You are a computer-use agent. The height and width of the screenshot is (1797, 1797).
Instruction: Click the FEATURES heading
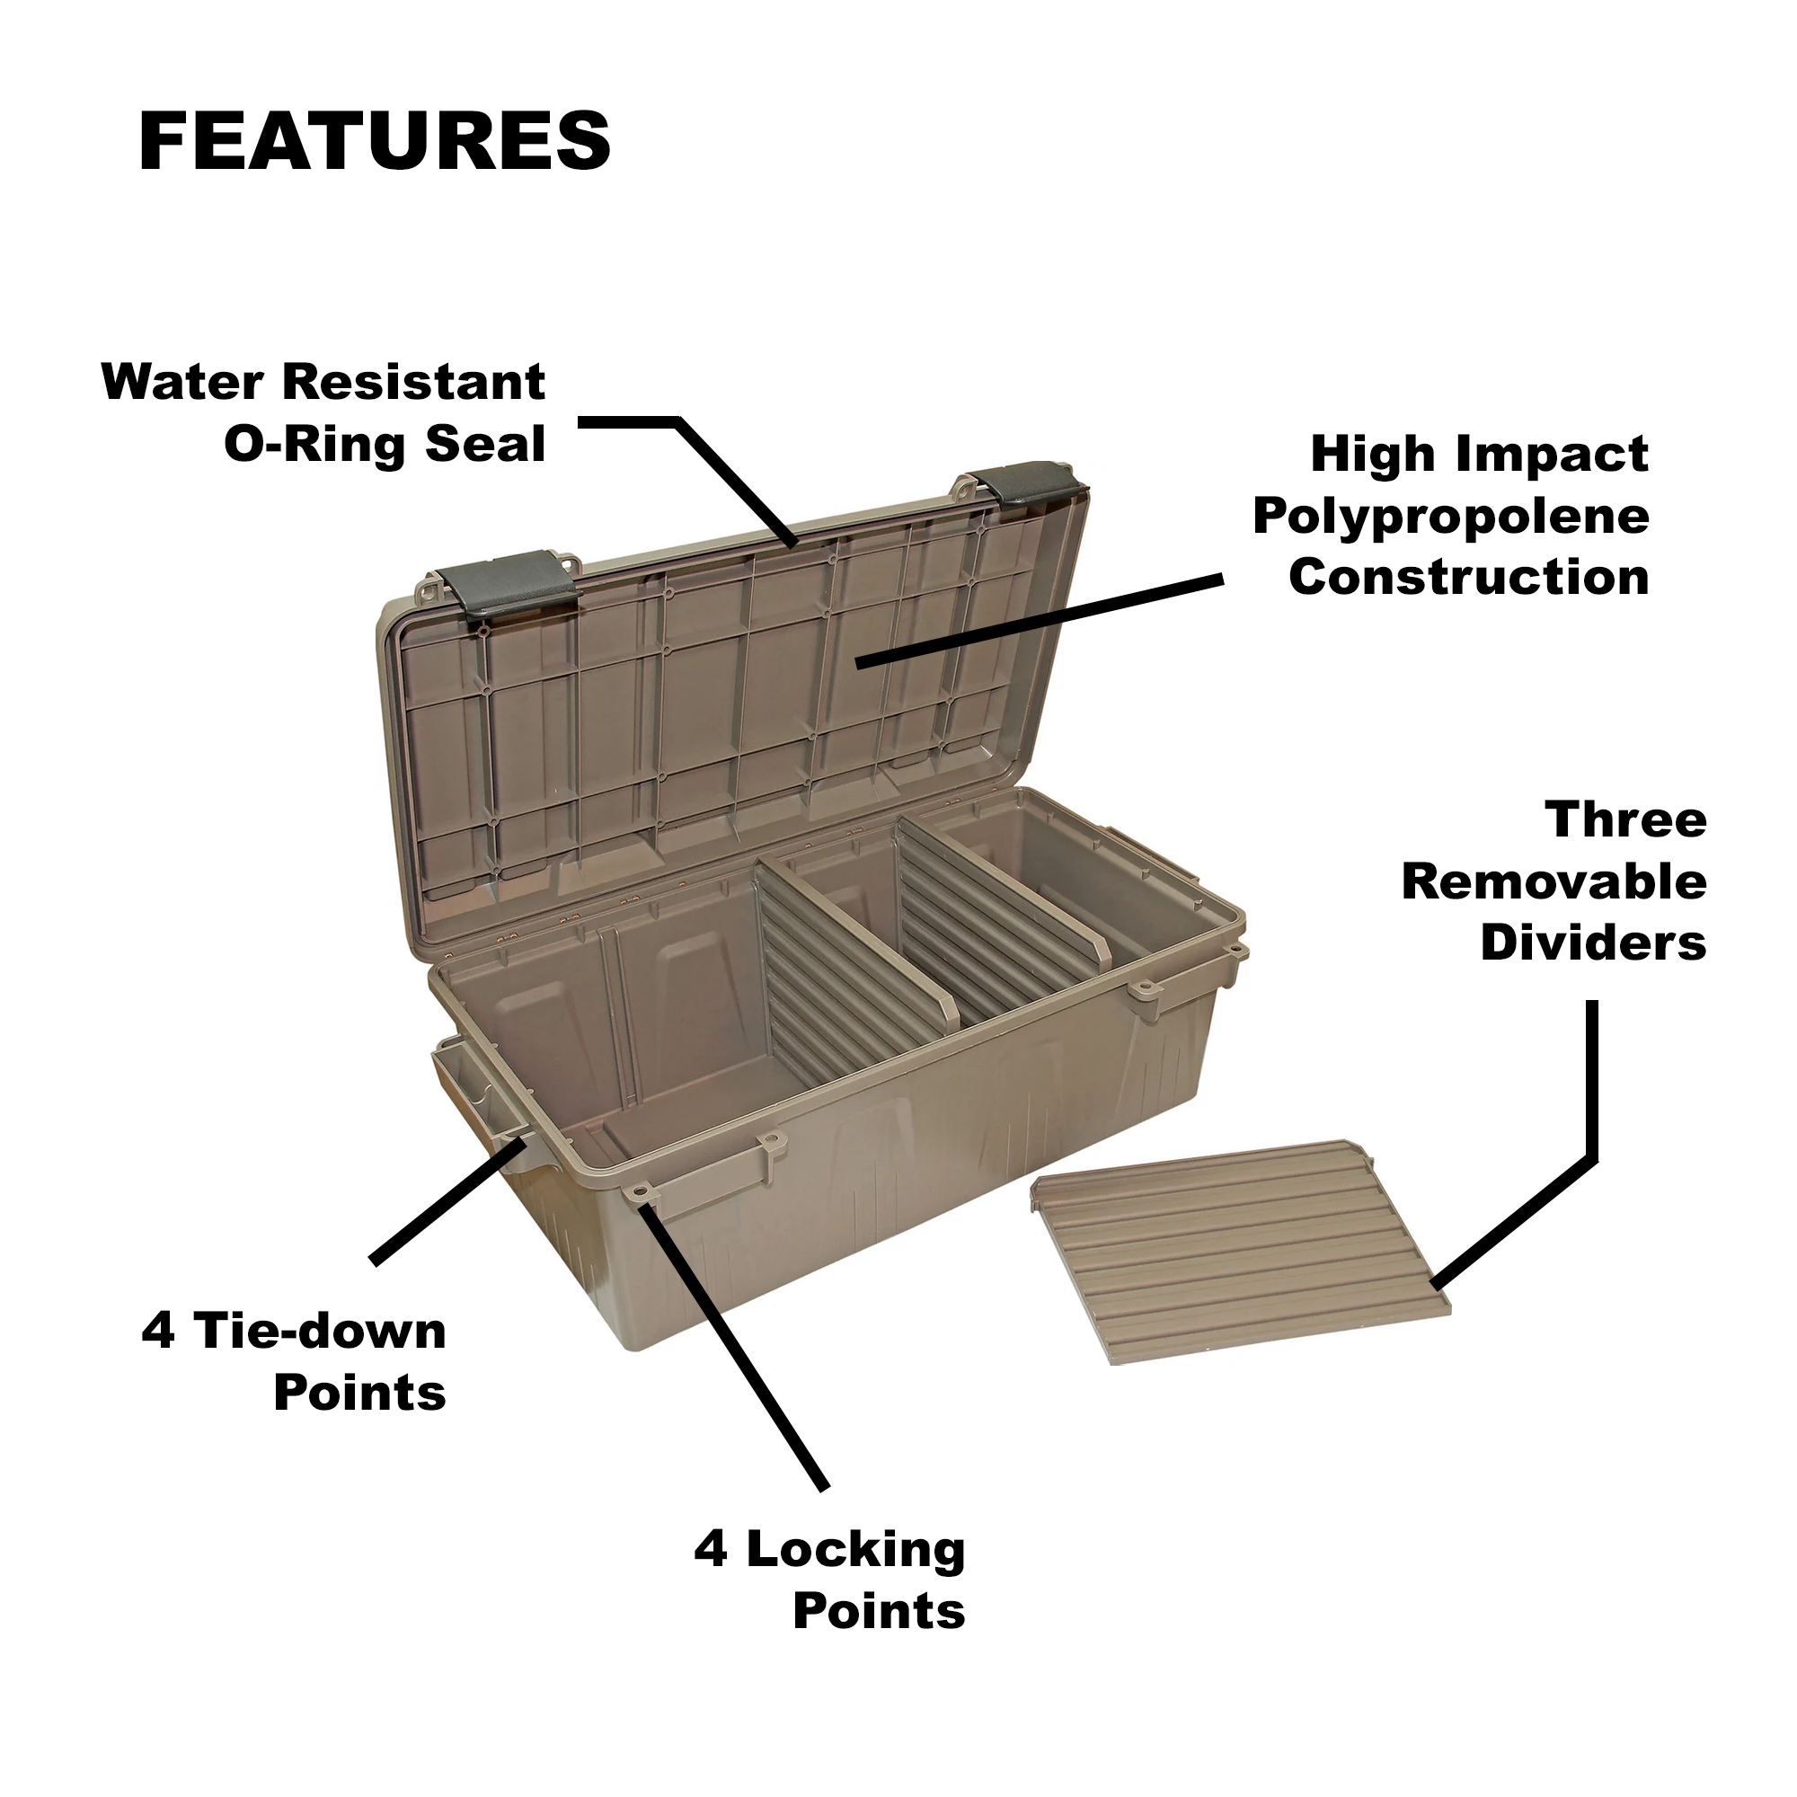(x=375, y=141)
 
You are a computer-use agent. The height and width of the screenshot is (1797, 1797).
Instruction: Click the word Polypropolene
(x=1451, y=518)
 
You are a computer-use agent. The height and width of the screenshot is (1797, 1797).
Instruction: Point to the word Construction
(x=1469, y=577)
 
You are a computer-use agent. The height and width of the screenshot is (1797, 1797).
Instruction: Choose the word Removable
(x=1554, y=881)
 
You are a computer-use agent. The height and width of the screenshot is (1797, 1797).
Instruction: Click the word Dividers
(x=1593, y=943)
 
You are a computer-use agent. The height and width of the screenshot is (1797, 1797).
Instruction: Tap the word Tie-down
(x=321, y=1331)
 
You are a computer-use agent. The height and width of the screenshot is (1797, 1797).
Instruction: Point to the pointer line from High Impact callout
(x=1039, y=622)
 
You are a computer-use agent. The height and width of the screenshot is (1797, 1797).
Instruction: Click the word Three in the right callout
(x=1626, y=820)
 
